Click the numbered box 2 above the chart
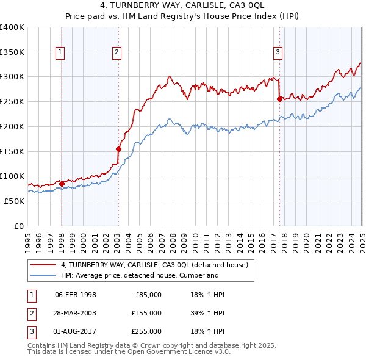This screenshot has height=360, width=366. point(117,53)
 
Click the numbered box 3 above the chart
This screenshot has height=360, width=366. point(278,53)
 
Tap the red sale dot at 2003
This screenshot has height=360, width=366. point(119,148)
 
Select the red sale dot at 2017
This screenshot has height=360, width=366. point(279,98)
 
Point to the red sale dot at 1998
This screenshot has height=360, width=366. point(62,183)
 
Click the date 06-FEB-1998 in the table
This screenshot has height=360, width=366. point(76,295)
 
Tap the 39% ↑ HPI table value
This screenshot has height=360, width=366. point(208,313)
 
